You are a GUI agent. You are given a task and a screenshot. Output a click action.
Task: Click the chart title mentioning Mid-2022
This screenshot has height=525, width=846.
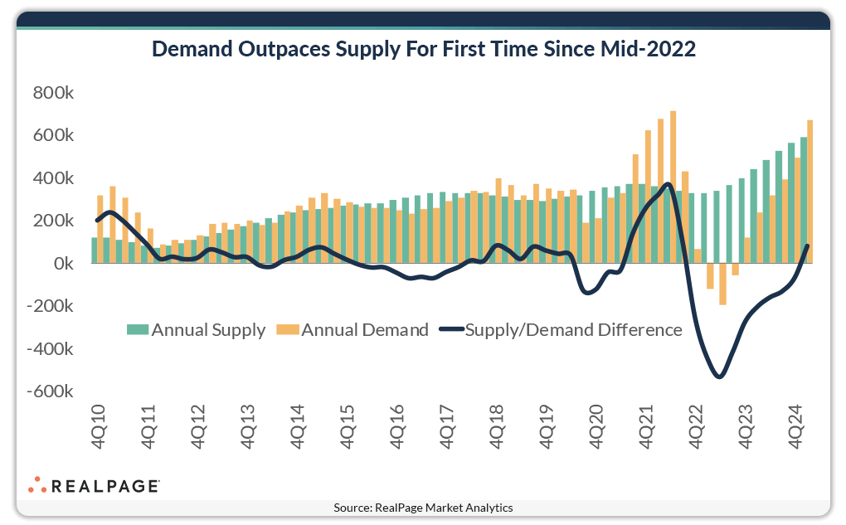click(423, 50)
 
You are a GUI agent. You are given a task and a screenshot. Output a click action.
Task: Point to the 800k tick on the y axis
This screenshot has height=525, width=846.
click(53, 93)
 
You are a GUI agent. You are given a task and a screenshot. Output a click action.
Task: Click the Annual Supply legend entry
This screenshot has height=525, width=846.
click(196, 330)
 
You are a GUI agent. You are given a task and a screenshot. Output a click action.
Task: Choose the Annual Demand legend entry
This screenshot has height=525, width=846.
click(354, 330)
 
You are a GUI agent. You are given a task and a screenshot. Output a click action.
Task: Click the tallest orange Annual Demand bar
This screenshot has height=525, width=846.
click(673, 187)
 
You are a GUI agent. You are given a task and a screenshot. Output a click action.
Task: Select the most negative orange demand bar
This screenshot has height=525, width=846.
click(722, 284)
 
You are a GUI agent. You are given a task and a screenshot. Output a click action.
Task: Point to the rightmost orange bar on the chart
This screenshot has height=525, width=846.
click(810, 192)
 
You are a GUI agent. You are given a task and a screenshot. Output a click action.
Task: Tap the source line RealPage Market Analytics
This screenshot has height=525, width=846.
click(423, 508)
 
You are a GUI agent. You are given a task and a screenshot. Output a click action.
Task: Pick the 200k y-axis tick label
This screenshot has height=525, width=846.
click(53, 221)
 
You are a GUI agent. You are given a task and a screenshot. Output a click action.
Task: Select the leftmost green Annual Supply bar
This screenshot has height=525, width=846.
click(95, 250)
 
